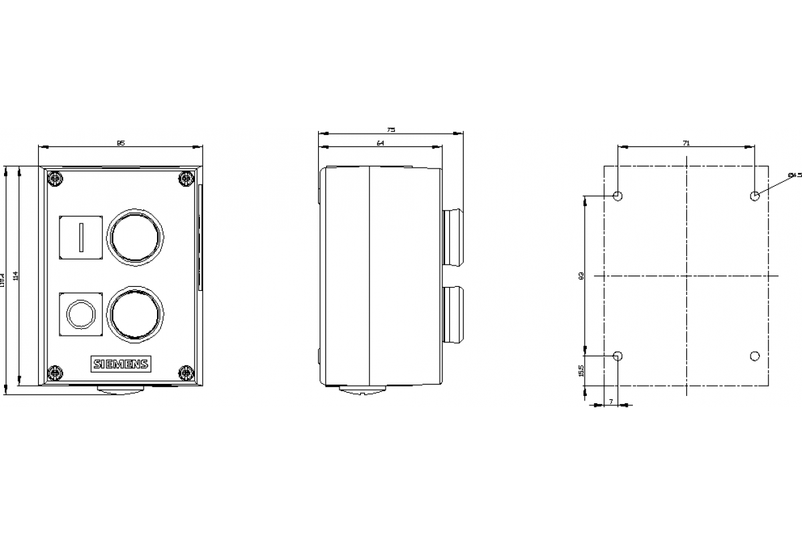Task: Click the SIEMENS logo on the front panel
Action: click(121, 364)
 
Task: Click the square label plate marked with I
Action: click(81, 236)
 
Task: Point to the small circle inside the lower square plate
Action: click(80, 312)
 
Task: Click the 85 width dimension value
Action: click(121, 142)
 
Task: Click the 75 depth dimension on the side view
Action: click(391, 130)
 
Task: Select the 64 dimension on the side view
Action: click(380, 143)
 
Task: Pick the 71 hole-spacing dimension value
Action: click(686, 142)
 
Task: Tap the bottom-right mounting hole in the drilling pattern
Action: click(755, 356)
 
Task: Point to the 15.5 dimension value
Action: click(582, 372)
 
